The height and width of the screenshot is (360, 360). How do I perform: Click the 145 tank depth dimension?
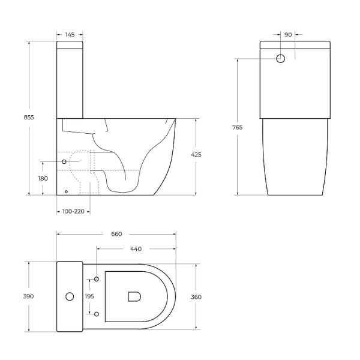(70, 35)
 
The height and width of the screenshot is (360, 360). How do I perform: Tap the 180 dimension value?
(43, 179)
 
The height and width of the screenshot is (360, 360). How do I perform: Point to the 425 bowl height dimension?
(196, 155)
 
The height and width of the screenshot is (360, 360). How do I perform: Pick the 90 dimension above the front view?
(288, 35)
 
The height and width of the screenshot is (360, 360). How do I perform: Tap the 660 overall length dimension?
(116, 235)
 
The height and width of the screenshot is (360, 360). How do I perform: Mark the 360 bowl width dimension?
(196, 296)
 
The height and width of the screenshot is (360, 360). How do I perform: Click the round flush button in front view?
(281, 59)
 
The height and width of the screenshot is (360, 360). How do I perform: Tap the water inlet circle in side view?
(64, 162)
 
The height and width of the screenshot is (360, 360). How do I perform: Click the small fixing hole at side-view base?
(66, 192)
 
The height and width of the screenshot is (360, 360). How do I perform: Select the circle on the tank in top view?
(69, 296)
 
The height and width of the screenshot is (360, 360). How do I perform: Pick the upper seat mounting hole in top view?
(96, 280)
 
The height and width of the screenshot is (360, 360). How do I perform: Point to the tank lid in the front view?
(295, 44)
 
